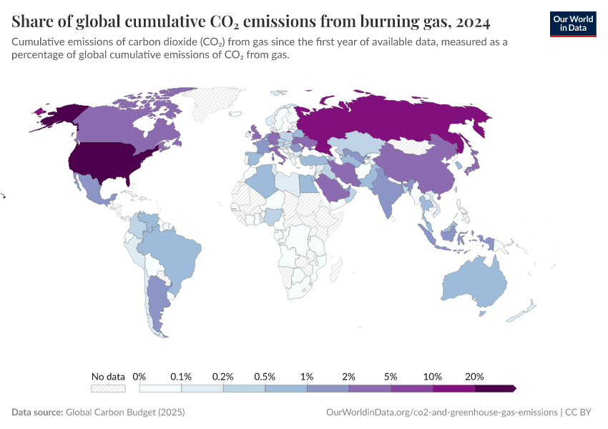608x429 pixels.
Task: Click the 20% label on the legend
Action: (474, 376)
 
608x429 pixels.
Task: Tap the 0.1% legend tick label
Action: (182, 376)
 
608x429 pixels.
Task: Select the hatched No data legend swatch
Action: (108, 388)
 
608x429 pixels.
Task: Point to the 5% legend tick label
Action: (391, 376)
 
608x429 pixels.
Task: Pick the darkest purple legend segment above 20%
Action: (495, 388)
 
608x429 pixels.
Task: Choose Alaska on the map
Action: (57, 114)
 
